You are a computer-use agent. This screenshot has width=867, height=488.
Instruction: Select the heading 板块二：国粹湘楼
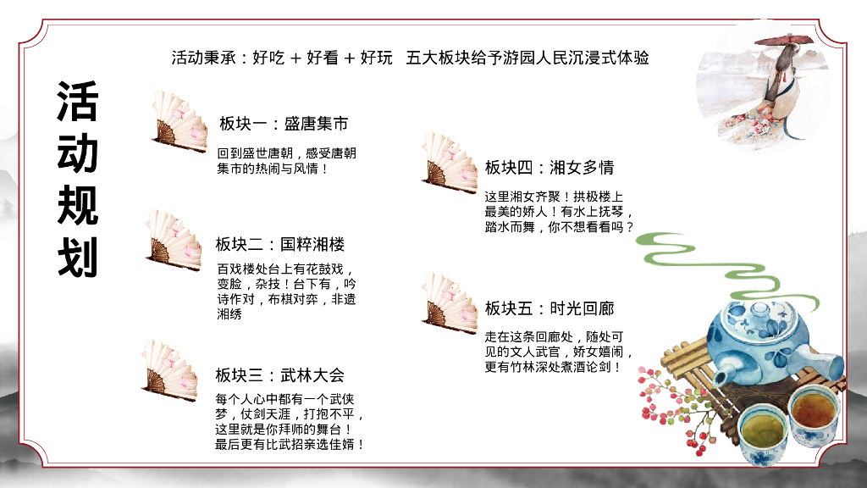(280, 245)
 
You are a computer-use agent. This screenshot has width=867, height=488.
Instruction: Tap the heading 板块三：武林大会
(280, 374)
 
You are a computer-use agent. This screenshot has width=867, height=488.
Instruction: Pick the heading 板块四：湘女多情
(549, 167)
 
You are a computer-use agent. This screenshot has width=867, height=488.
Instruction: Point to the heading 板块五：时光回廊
(549, 308)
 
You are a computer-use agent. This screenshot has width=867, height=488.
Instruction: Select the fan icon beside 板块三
(171, 368)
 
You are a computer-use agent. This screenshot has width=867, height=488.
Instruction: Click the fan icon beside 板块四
(450, 160)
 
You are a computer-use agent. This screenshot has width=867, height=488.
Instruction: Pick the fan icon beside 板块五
(450, 300)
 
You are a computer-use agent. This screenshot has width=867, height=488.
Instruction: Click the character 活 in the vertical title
(78, 102)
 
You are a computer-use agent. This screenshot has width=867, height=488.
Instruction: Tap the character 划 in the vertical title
(78, 258)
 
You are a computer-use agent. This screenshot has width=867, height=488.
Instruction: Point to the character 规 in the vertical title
(78, 206)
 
